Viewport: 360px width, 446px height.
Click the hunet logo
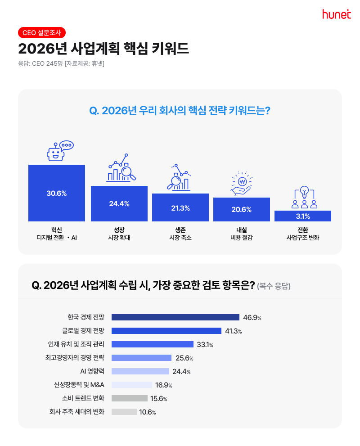tap(336, 14)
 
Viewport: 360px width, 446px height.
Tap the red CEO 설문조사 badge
tap(42, 32)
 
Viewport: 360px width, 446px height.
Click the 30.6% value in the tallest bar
tap(56, 193)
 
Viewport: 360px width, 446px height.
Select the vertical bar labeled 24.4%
tap(119, 203)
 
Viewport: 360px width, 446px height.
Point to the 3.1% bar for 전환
tap(303, 216)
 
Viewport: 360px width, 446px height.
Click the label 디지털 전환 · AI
tap(57, 237)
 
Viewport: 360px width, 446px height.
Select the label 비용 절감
tap(241, 237)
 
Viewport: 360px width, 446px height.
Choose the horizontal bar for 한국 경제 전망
tap(175, 317)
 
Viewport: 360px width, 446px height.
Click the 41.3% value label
tap(234, 331)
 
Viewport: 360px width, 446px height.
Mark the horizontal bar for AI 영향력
tap(140, 371)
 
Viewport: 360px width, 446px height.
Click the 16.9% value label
tap(164, 385)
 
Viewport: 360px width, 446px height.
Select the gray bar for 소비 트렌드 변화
tap(129, 398)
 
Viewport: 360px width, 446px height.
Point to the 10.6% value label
tap(148, 412)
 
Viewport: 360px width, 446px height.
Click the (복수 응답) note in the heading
tap(274, 286)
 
